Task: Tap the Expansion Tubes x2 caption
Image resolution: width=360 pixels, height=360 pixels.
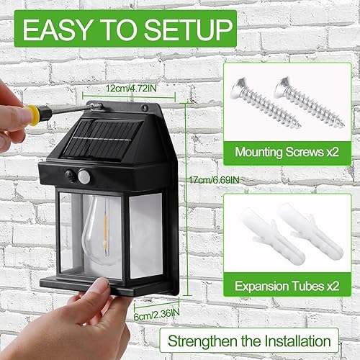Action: coord(287,284)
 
